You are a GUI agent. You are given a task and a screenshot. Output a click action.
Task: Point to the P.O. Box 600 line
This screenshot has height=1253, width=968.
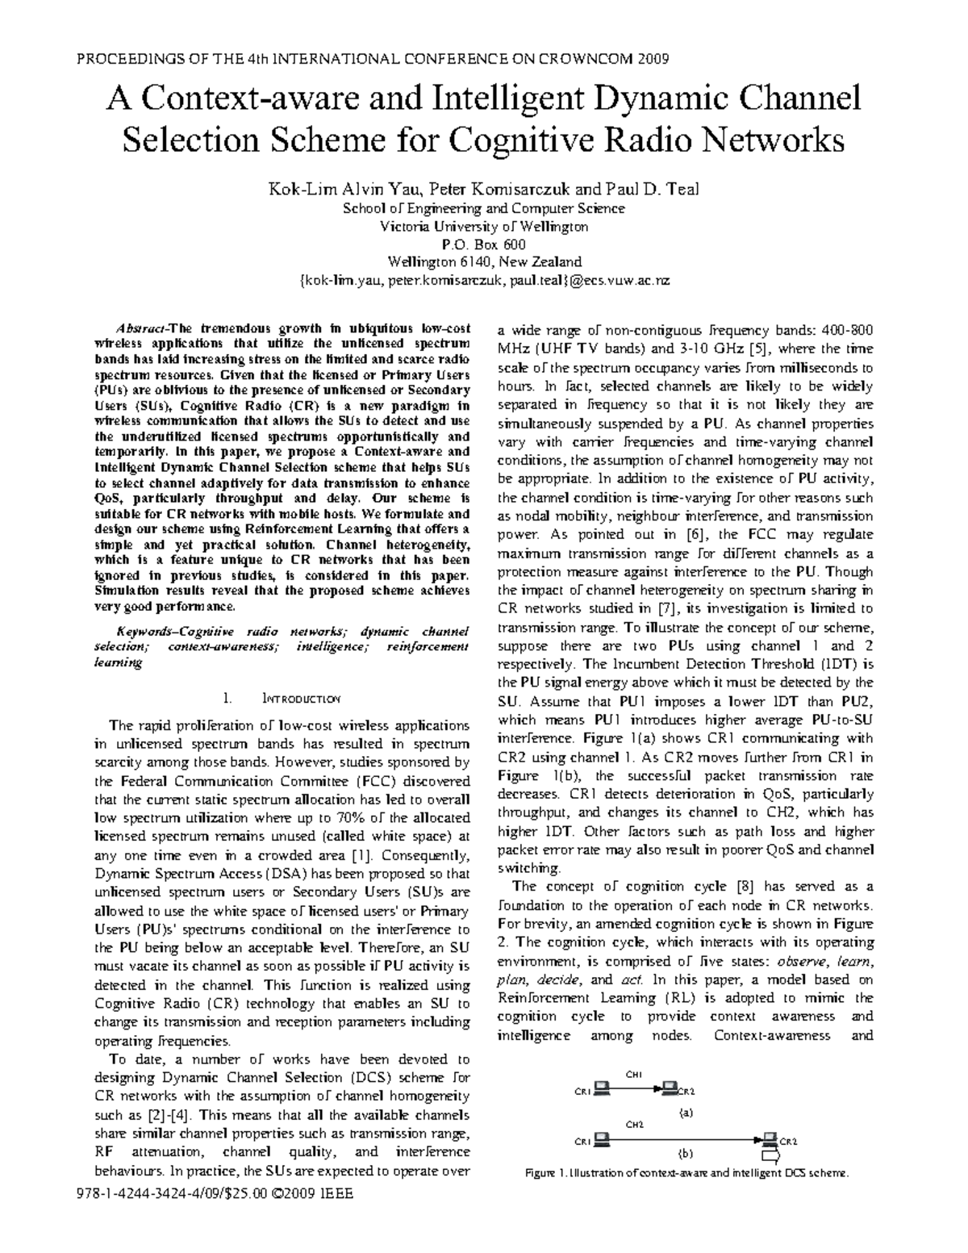pyautogui.click(x=484, y=244)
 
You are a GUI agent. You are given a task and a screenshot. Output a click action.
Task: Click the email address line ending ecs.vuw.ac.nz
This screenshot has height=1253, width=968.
pyautogui.click(x=484, y=281)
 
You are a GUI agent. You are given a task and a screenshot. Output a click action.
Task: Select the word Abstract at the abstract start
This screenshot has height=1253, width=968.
pyautogui.click(x=140, y=328)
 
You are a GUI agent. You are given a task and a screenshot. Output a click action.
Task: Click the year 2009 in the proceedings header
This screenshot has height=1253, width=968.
pyautogui.click(x=653, y=59)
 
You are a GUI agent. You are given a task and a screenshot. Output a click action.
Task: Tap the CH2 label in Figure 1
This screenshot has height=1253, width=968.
pyautogui.click(x=633, y=1123)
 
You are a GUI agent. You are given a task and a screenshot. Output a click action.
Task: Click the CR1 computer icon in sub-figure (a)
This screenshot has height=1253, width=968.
pyautogui.click(x=602, y=1089)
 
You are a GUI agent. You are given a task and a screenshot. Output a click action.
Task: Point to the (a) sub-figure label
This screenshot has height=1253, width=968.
pyautogui.click(x=686, y=1111)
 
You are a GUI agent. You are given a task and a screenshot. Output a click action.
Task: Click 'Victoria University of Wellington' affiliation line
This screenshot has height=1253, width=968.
pyautogui.click(x=484, y=227)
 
